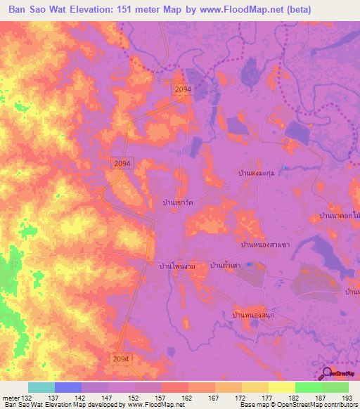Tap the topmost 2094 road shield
pyautogui.click(x=183, y=89)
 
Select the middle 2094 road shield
pyautogui.click(x=122, y=163)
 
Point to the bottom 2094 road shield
pyautogui.click(x=121, y=358)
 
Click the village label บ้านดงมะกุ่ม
pyautogui.click(x=262, y=173)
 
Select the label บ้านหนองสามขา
pyautogui.click(x=265, y=245)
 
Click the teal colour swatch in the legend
pyautogui.click(x=41, y=387)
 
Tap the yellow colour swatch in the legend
pyautogui.click(x=281, y=387)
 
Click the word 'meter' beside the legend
pyautogui.click(x=10, y=397)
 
